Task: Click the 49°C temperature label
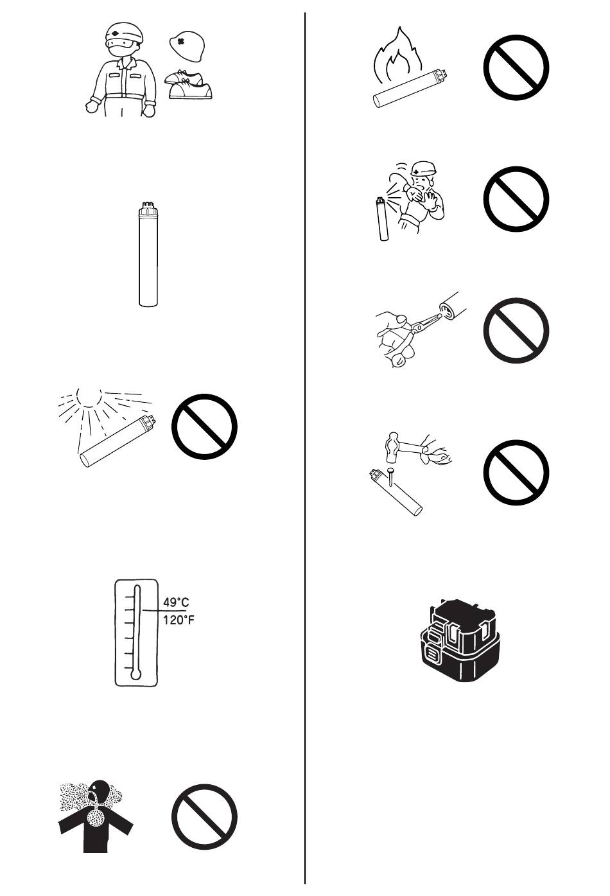[176, 602]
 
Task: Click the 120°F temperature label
[179, 620]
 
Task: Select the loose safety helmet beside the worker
[187, 46]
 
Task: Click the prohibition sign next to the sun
[204, 426]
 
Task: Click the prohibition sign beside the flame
[516, 67]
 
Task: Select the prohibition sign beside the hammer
[516, 472]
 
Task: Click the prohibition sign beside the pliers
[516, 330]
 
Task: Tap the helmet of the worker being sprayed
[423, 169]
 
